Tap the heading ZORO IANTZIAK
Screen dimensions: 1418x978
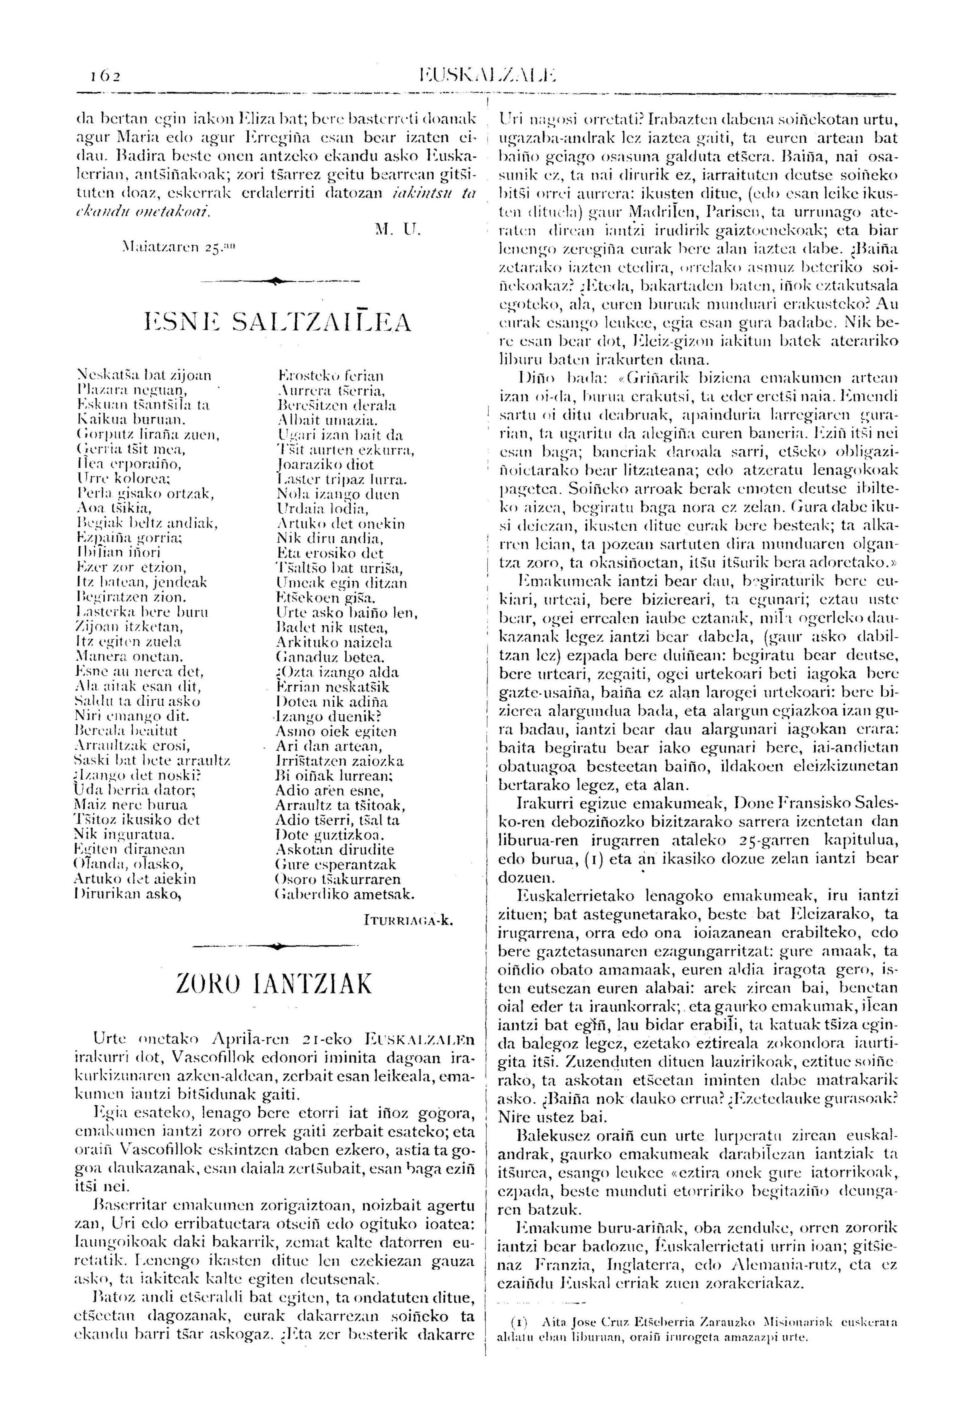[x=274, y=984]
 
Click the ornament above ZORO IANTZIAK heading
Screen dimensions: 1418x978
[x=277, y=946]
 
